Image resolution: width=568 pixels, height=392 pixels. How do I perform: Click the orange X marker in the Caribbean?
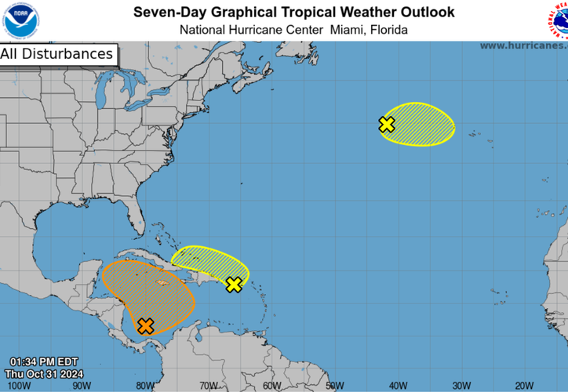[145, 325]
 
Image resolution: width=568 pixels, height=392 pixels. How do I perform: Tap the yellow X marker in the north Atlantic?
[386, 124]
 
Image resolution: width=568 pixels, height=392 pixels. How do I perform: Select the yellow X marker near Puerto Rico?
[234, 284]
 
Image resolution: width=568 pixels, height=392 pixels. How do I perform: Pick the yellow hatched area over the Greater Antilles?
[208, 262]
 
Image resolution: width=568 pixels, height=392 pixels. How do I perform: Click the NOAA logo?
[20, 20]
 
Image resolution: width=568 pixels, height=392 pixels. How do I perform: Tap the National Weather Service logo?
[558, 20]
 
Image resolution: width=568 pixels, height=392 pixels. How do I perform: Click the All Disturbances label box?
[57, 54]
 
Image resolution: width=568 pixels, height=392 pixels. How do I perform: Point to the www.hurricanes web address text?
[522, 45]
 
